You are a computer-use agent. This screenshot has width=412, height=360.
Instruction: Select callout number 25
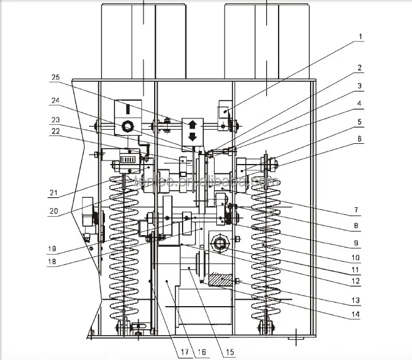(x=55, y=78)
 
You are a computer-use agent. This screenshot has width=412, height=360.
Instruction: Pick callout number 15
(x=228, y=353)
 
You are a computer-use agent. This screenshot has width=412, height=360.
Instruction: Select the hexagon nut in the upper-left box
(x=126, y=126)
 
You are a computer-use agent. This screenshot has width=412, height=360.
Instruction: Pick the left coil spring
(x=124, y=249)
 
